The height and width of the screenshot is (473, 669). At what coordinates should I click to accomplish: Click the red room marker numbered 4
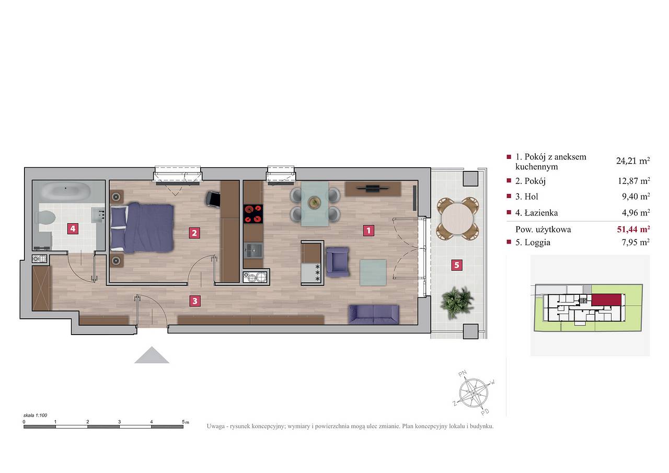coord(73,229)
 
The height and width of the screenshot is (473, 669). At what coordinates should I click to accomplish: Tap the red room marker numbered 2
coord(194,233)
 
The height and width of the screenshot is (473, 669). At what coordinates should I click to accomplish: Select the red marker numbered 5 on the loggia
coord(457,265)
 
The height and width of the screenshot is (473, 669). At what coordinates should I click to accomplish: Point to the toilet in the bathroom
coord(45,217)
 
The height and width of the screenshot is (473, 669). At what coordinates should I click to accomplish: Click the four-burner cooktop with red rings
coord(253,214)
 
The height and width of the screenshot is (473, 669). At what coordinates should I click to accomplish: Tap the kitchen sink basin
coord(253,250)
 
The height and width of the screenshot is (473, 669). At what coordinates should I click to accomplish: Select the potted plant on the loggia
coord(457,302)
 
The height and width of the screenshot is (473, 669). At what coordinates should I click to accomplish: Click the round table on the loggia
coord(457,218)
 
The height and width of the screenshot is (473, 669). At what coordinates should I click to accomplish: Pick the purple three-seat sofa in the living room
coord(374,315)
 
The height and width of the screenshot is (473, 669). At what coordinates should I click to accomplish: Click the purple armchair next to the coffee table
coord(338,262)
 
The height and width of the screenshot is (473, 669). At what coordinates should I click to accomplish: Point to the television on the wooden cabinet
coord(373,188)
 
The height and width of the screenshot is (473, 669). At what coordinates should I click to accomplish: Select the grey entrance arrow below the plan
coord(152,355)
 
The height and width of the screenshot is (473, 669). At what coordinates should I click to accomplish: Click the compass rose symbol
coord(474,393)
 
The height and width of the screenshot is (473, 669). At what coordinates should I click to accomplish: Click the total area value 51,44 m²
coord(633,229)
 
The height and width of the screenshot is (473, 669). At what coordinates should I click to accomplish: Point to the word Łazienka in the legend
coord(541,213)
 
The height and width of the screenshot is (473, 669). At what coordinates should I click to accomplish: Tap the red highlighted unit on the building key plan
coord(607,299)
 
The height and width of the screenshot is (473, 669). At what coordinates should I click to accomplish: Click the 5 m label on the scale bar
coord(185,422)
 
